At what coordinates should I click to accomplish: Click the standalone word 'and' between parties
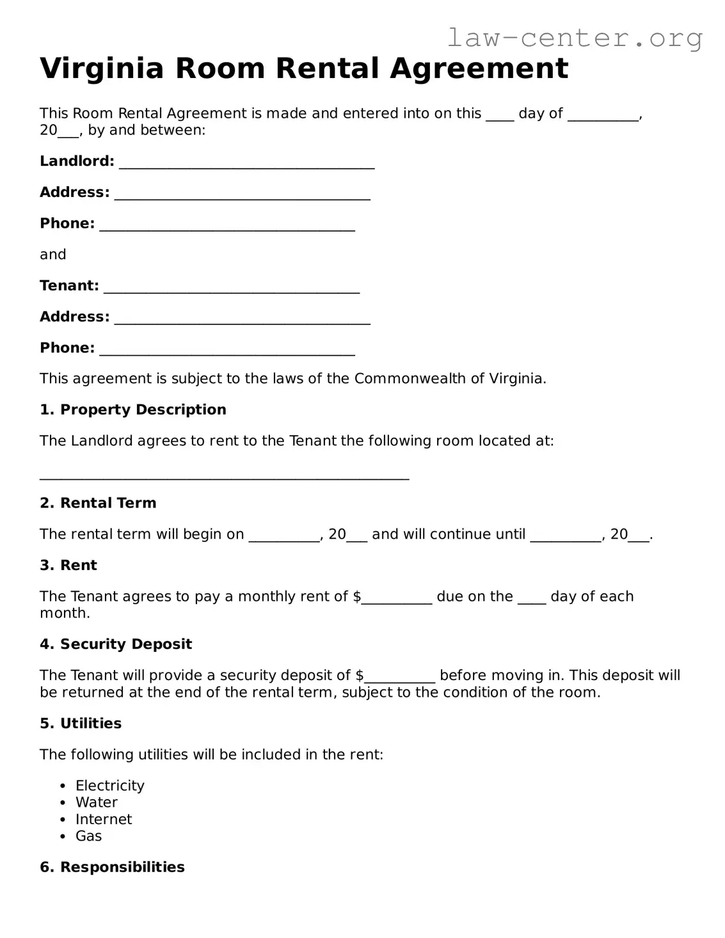[52, 255]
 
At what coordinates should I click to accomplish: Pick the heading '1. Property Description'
[132, 409]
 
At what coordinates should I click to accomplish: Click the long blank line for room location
[224, 474]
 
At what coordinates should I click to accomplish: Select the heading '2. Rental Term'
[98, 503]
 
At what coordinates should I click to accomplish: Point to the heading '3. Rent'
[68, 565]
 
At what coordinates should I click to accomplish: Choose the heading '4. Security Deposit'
[115, 644]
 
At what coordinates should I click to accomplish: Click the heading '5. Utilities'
[80, 723]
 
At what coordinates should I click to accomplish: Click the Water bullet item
[96, 802]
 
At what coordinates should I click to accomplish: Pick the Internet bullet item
[103, 819]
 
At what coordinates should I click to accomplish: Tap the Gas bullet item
[88, 836]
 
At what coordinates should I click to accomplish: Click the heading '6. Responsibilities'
[112, 867]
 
